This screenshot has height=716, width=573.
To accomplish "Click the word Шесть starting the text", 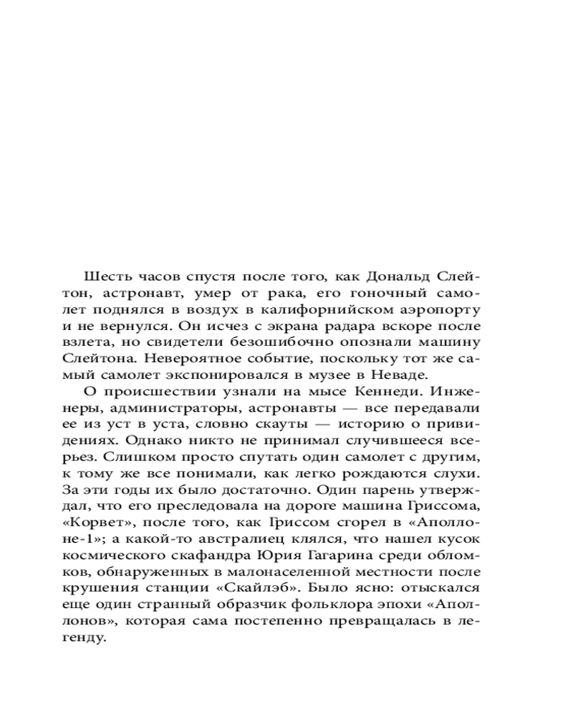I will pyautogui.click(x=105, y=277).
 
